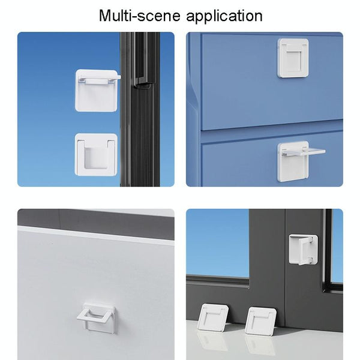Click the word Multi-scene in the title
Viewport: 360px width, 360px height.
pos(140,15)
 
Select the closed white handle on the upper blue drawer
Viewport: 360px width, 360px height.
pos(293,58)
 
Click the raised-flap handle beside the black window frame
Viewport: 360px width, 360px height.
pos(95,90)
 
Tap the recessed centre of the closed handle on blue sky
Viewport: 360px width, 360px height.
pos(96,158)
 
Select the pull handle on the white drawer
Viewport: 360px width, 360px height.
pos(96,318)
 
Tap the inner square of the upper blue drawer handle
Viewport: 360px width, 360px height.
pos(293,59)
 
